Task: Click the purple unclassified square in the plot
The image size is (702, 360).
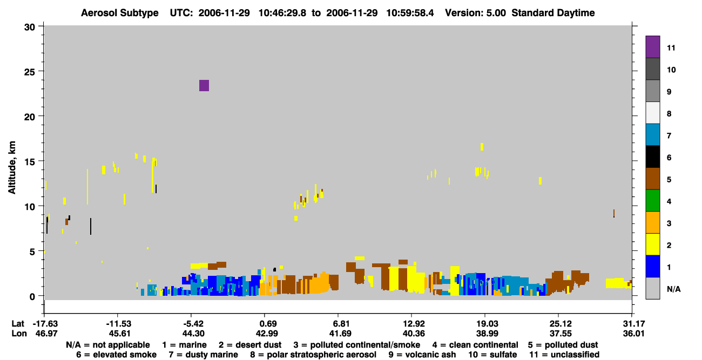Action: (204, 85)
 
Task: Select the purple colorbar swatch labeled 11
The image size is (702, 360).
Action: (652, 47)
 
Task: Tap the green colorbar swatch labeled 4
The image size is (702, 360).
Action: (652, 201)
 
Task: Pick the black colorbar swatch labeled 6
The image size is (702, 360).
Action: (652, 157)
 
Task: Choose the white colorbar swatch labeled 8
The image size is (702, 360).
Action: (652, 113)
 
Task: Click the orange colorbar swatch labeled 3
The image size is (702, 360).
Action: (652, 222)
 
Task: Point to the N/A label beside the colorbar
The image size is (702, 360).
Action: (673, 289)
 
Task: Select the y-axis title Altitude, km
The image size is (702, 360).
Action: (11, 167)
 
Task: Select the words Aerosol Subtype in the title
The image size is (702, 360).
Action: (120, 13)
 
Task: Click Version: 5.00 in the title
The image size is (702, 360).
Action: (475, 13)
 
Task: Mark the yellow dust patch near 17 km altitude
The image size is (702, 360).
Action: (482, 147)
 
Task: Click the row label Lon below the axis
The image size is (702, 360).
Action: (19, 334)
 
